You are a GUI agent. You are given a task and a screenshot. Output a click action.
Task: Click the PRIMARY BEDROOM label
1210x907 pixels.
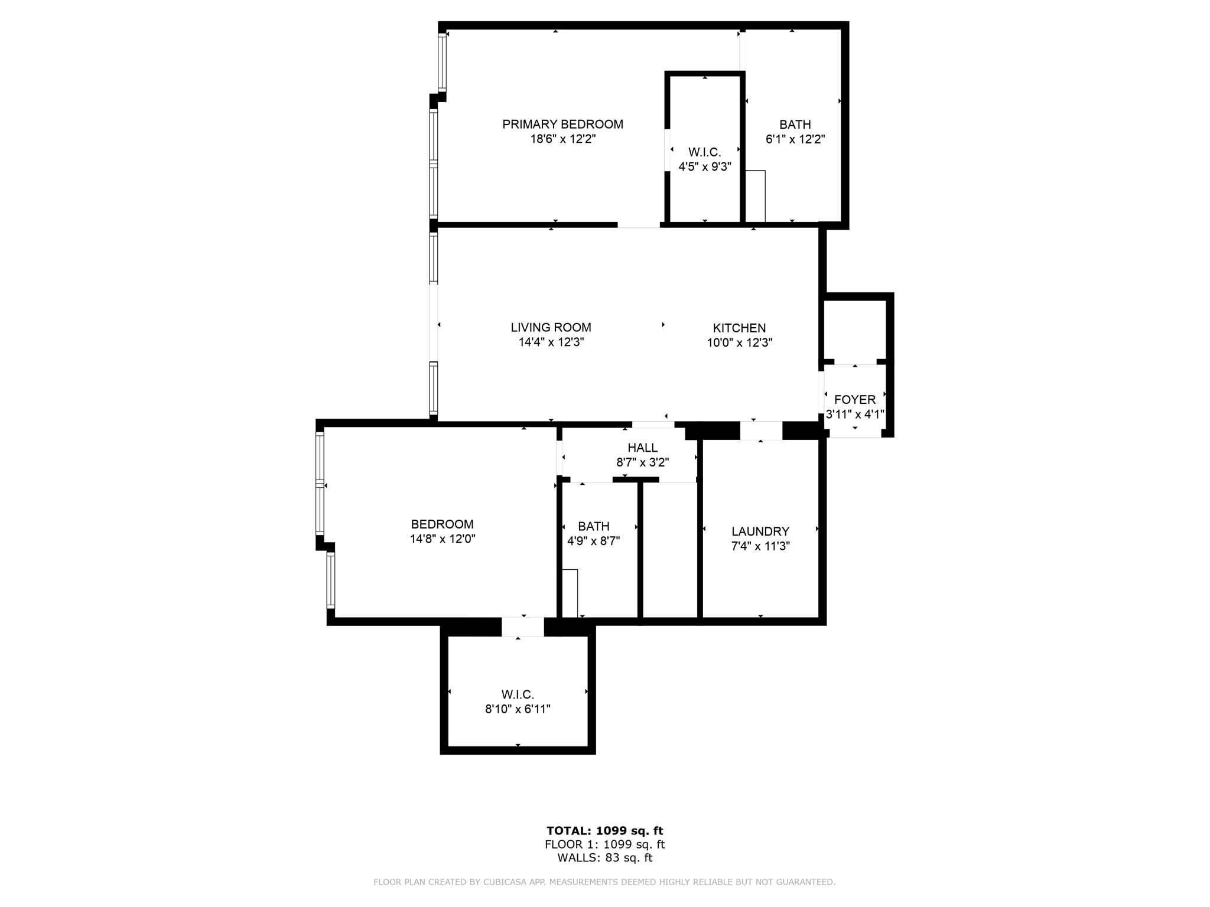point(562,125)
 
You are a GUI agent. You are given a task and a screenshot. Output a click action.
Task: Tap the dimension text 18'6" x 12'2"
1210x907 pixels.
point(562,139)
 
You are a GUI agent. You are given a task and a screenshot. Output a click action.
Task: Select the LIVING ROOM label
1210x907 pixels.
point(551,328)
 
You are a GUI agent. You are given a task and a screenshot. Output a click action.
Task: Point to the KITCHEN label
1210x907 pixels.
point(739,328)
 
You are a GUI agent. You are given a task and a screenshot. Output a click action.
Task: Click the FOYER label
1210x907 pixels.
point(854,400)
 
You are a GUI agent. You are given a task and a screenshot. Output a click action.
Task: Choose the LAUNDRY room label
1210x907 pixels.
point(760,531)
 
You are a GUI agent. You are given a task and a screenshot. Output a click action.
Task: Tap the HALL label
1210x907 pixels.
point(642,448)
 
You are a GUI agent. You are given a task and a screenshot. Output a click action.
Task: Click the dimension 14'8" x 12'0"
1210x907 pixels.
point(442,539)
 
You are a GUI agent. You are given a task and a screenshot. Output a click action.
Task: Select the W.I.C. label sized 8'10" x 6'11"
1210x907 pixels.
point(518,695)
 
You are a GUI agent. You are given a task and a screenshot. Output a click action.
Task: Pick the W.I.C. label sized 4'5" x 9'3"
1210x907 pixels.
point(704,152)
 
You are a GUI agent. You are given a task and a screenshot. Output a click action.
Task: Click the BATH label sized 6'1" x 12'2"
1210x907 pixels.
point(795,125)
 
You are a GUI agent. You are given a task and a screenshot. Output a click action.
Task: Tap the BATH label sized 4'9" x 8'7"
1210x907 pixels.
point(593,526)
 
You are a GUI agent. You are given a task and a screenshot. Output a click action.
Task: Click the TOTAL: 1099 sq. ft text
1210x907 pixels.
point(604,831)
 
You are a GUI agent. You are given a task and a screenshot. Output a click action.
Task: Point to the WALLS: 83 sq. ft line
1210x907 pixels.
point(604,858)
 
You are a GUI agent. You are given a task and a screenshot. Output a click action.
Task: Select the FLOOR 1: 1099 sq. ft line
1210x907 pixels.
point(604,844)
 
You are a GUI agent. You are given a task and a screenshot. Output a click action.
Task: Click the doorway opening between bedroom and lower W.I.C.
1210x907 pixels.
point(522,627)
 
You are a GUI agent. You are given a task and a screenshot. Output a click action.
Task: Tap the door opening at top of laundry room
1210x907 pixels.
point(761,430)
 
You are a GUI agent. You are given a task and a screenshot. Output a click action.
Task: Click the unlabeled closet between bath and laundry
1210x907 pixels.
point(670,549)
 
